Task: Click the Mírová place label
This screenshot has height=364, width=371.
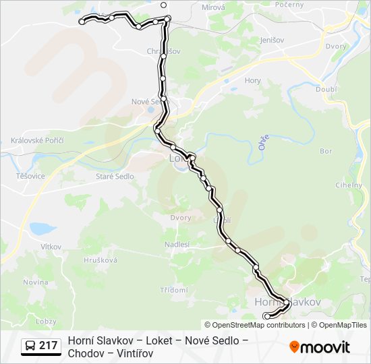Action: pyautogui.click(x=213, y=7)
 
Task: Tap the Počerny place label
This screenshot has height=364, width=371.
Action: pyautogui.click(x=289, y=4)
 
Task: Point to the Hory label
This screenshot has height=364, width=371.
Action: pyautogui.click(x=253, y=80)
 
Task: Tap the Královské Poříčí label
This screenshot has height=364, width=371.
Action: pyautogui.click(x=37, y=140)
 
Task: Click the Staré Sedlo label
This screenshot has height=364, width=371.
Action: pyautogui.click(x=115, y=177)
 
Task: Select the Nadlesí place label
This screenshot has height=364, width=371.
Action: pyautogui.click(x=177, y=244)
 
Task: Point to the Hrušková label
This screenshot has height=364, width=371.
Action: pyautogui.click(x=101, y=260)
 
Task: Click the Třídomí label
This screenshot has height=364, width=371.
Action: pyautogui.click(x=174, y=290)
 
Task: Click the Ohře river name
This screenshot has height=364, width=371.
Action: pyautogui.click(x=262, y=143)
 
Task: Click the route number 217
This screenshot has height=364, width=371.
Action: pyautogui.click(x=48, y=346)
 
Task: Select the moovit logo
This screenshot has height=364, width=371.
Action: pyautogui.click(x=320, y=347)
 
